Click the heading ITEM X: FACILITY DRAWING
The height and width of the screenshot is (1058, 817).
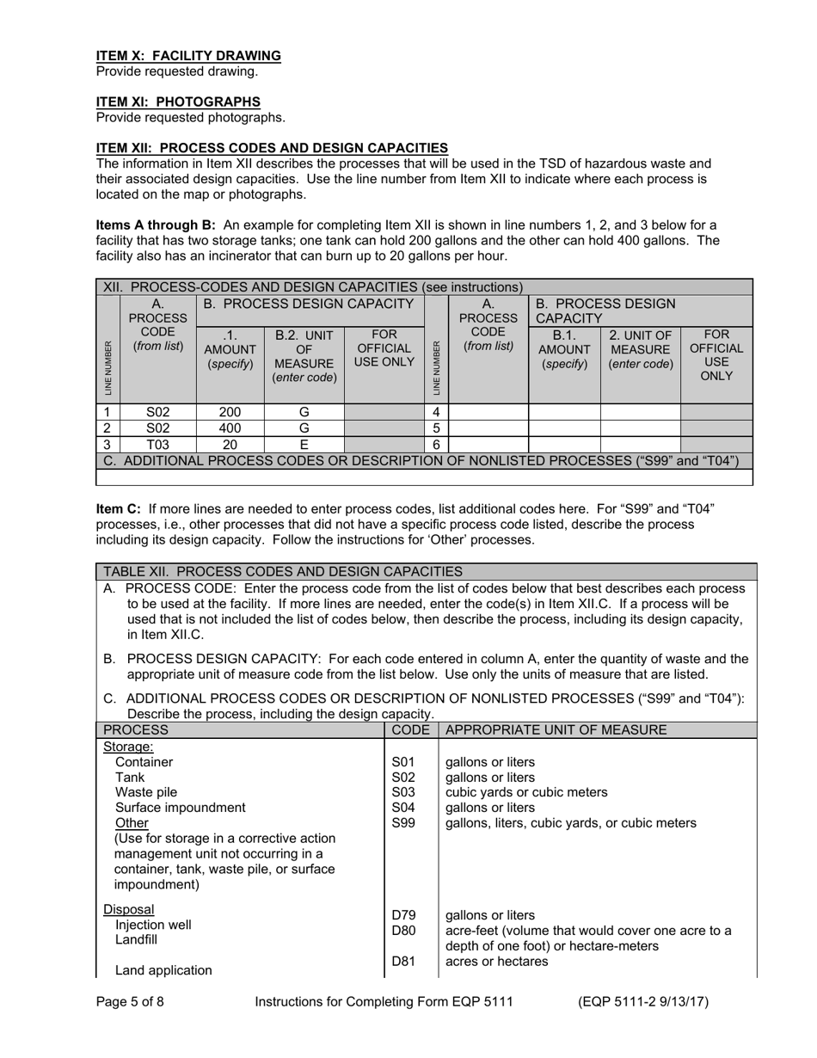coord(188,56)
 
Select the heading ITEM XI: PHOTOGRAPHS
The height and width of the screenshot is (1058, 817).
coord(178,101)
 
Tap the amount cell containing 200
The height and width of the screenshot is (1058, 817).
coord(230,412)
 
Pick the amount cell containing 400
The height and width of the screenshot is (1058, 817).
coord(230,428)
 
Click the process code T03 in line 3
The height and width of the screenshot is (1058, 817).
coord(157,445)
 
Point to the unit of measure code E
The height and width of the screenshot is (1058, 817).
coord(304,445)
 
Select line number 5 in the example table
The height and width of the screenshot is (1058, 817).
coord(436,428)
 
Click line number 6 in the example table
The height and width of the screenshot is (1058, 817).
coord(436,445)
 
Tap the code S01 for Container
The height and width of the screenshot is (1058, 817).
coord(402,762)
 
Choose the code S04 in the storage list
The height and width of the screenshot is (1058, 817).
coord(402,808)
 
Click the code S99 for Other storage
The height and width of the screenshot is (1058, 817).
coord(402,823)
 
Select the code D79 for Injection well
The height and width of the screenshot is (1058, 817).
coord(402,915)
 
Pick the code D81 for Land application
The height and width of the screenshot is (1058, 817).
coord(402,962)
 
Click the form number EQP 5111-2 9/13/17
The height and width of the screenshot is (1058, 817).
coord(643,1001)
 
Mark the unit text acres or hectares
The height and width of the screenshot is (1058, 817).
coord(496,962)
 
